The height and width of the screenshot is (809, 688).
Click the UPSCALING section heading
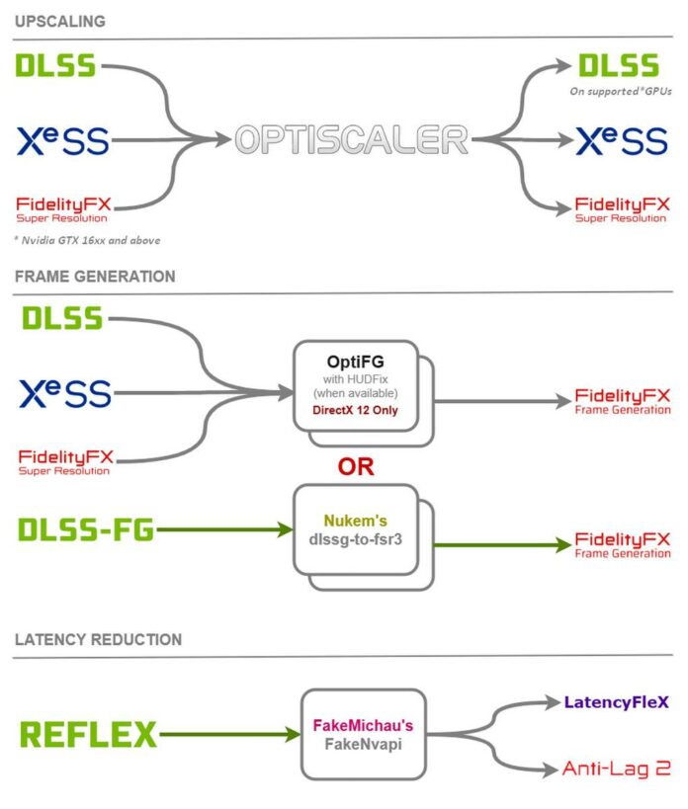coord(60,21)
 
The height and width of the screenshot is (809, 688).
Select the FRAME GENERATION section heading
coord(95,278)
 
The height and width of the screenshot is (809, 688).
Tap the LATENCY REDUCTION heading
coord(98,640)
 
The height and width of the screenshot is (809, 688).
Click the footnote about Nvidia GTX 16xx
coord(88,240)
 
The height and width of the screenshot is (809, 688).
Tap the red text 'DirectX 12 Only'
coord(355,410)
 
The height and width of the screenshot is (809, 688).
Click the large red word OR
coord(356,466)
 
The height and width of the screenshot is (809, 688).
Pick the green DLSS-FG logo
coord(86,531)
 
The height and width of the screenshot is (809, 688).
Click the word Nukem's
coord(356,520)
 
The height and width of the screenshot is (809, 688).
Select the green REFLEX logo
coord(88,735)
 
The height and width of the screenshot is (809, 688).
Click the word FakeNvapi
coord(363,746)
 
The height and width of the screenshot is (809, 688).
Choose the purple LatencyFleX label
coord(616,702)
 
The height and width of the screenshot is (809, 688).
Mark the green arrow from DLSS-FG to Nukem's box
coord(222,531)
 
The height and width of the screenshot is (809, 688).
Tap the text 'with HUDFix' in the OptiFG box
coord(355,378)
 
